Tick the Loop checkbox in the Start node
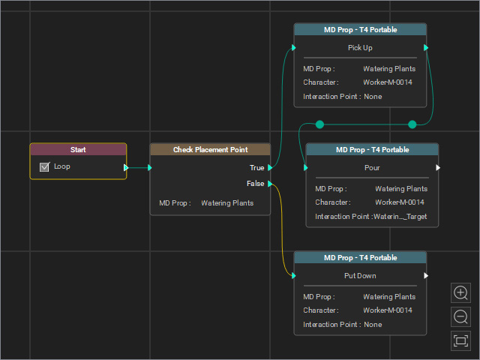tap(44, 166)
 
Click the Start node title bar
tap(78, 150)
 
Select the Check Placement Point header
tap(210, 150)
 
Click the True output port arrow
tap(270, 167)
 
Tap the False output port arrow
tap(270, 184)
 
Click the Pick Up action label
tap(360, 48)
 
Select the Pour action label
tap(372, 168)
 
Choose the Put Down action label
tap(360, 275)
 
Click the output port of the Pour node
tap(438, 167)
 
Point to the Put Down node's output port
tap(426, 275)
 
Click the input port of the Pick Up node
tap(294, 47)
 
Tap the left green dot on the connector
tap(319, 124)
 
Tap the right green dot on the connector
tap(412, 124)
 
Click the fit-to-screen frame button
tap(460, 340)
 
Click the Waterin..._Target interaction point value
tap(400, 217)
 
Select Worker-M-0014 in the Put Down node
tap(388, 310)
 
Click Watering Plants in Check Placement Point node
tap(227, 203)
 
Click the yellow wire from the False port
tap(282, 230)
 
